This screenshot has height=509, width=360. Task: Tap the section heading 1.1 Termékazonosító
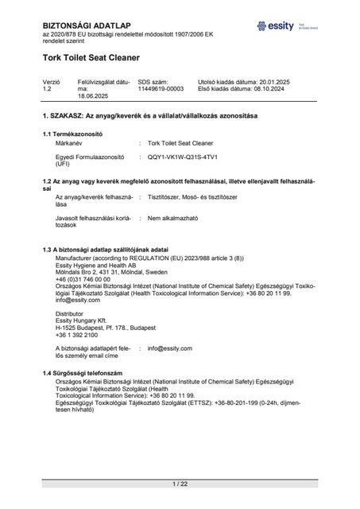(79, 134)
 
